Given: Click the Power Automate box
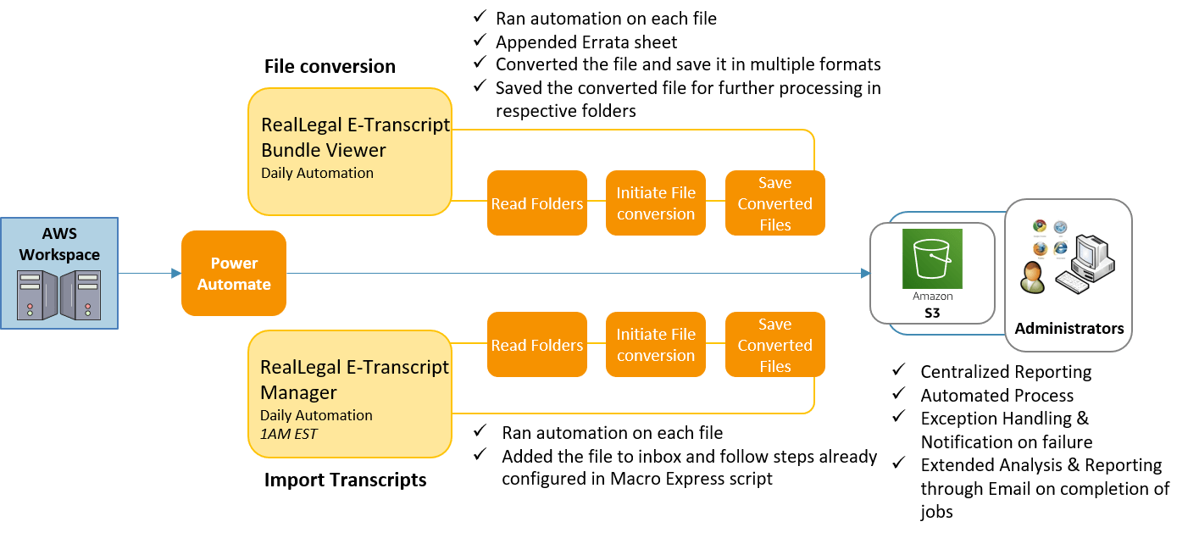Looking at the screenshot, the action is [234, 274].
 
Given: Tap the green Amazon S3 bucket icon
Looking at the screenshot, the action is [932, 258].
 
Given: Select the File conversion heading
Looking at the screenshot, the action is [330, 66].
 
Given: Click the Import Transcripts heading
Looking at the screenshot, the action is [345, 480].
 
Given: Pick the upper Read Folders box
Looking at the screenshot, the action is [537, 203].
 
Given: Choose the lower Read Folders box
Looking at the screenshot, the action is [537, 345].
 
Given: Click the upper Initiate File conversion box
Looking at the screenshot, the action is [656, 203].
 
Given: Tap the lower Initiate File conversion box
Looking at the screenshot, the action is [656, 345].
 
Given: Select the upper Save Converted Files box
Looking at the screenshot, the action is [775, 203].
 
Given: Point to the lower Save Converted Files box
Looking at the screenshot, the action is [775, 345].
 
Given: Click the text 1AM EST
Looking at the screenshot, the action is [288, 434].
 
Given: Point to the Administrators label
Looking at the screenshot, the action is [1069, 328].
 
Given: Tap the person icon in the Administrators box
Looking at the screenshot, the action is [1033, 277].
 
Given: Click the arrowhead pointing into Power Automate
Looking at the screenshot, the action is [176, 274].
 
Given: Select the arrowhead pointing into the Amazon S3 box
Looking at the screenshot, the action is [865, 274].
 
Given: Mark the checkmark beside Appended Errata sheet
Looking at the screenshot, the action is [480, 40].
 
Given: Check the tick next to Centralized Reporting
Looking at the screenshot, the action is [899, 369].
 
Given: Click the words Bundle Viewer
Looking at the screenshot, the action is [324, 150].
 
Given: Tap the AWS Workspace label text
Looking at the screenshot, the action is [59, 244].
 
